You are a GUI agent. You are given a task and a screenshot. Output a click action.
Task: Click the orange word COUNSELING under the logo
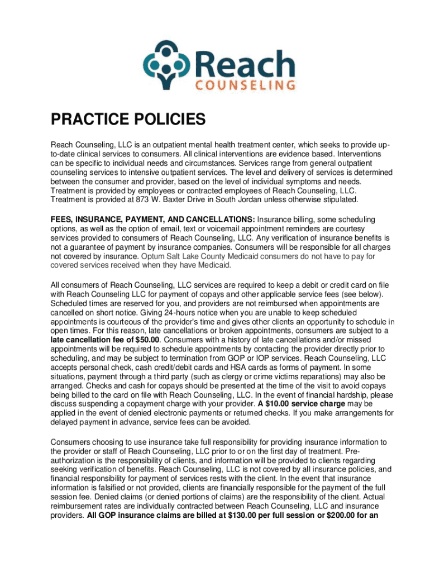tap(246, 85)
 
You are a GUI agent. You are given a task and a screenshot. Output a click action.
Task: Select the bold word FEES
tap(61, 219)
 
